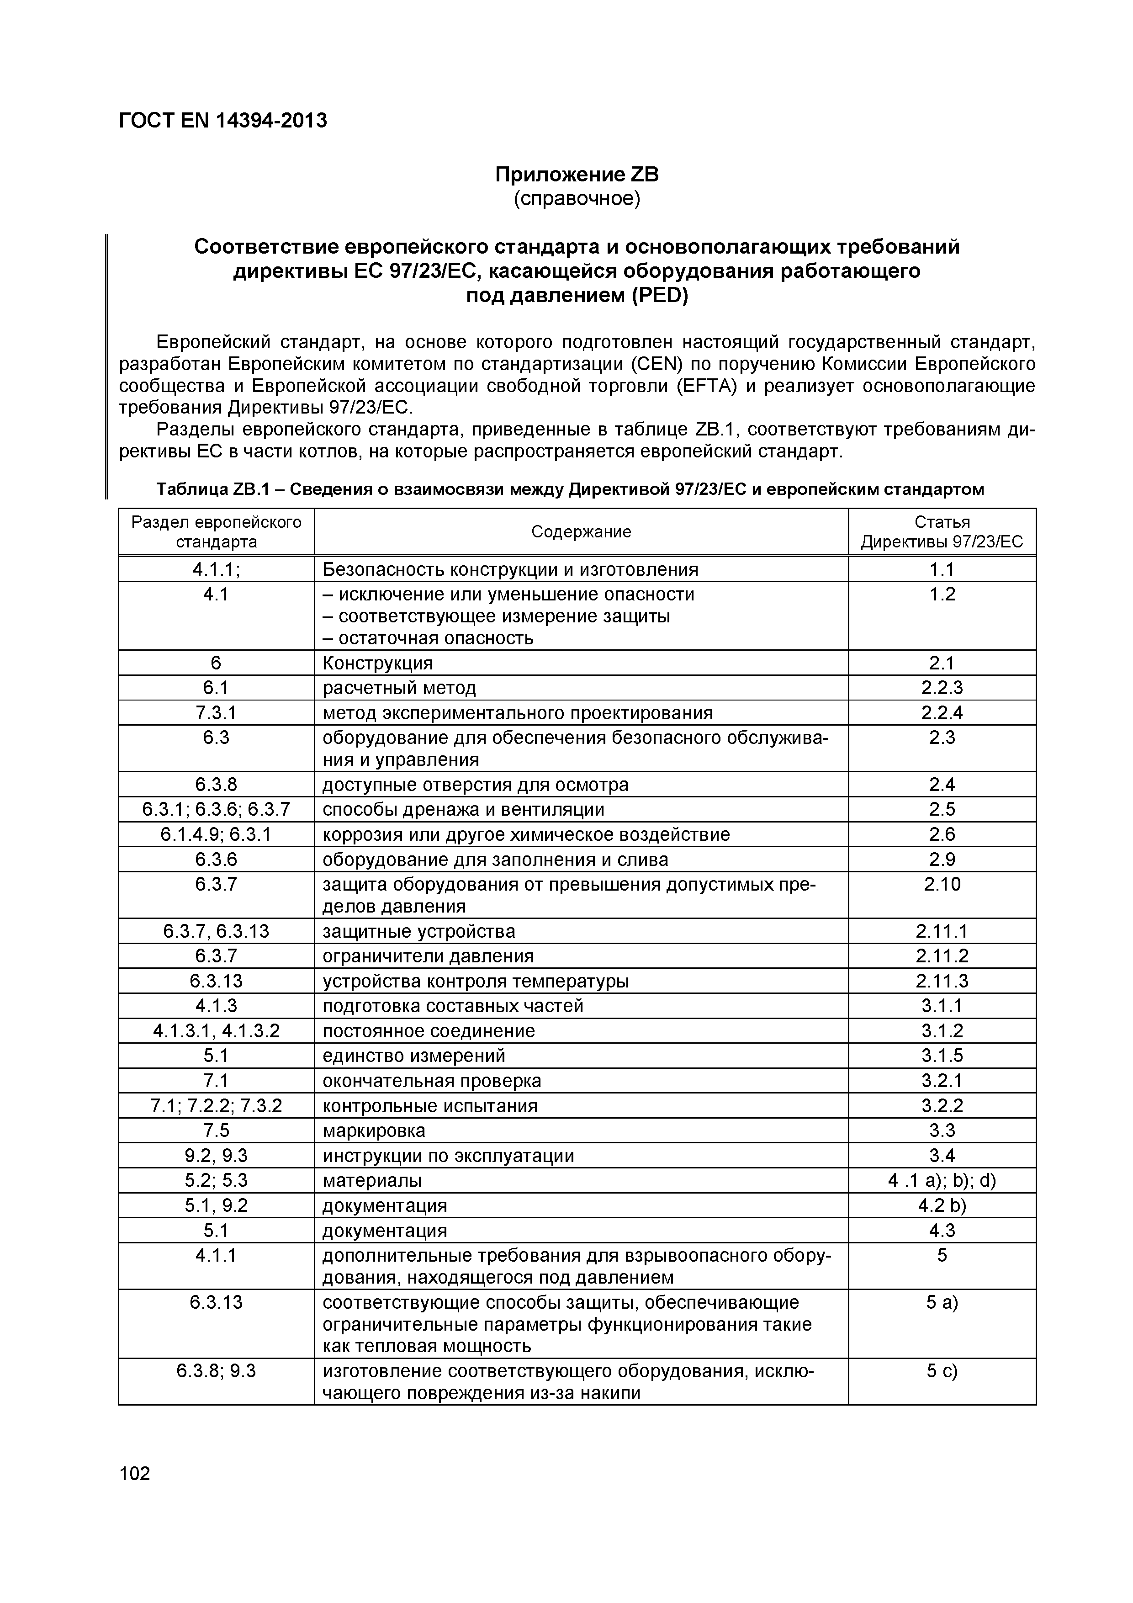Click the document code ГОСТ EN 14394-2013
(x=222, y=121)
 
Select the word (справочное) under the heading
(x=577, y=199)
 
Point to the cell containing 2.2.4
(x=942, y=713)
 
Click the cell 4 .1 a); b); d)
(x=942, y=1180)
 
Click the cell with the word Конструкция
(x=378, y=663)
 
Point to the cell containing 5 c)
(x=942, y=1370)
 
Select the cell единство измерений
(x=413, y=1056)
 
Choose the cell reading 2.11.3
(x=942, y=981)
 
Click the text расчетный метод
(x=399, y=688)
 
